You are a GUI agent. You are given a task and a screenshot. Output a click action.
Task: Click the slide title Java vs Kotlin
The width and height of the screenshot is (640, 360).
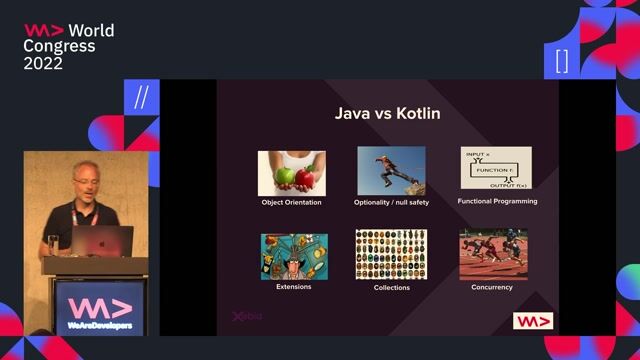(x=387, y=114)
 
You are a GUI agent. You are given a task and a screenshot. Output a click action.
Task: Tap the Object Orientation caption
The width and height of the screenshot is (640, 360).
(x=291, y=202)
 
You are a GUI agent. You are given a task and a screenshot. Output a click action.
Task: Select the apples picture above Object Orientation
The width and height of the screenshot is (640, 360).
(x=291, y=172)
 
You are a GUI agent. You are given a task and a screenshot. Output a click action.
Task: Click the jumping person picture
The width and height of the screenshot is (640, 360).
(x=391, y=171)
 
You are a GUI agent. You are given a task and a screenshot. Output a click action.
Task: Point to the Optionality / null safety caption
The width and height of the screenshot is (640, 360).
(x=391, y=202)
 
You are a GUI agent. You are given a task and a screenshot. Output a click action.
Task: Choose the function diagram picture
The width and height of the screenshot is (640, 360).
(x=496, y=168)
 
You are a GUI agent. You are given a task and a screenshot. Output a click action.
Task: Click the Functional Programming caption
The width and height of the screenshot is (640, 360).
(x=497, y=201)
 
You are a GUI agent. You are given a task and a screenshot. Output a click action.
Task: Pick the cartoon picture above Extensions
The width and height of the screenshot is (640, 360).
(x=294, y=255)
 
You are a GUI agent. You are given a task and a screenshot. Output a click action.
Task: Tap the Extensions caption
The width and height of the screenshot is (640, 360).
(x=293, y=286)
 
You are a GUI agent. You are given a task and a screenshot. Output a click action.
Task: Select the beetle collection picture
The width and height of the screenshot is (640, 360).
(x=391, y=254)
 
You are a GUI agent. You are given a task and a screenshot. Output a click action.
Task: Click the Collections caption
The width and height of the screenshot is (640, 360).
(x=391, y=287)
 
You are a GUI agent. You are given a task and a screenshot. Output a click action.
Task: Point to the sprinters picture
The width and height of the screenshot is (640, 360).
(x=492, y=254)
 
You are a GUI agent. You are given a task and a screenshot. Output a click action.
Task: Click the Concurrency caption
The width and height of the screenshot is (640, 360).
(x=492, y=287)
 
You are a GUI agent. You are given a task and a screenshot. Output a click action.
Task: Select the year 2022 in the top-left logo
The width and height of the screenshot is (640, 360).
(x=44, y=63)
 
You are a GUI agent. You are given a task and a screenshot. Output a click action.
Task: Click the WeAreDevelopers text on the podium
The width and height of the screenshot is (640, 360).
(x=98, y=325)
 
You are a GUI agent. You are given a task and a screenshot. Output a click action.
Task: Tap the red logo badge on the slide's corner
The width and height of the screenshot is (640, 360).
(x=533, y=321)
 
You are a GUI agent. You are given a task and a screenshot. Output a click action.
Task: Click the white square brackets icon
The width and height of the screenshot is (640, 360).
(x=562, y=61)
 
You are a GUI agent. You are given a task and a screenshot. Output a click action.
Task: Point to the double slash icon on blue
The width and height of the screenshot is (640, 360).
(x=141, y=97)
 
